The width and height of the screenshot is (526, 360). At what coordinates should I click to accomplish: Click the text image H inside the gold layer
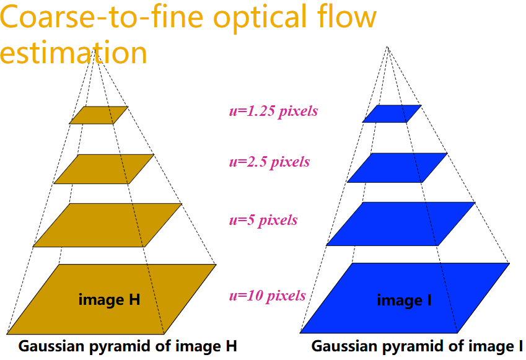109,300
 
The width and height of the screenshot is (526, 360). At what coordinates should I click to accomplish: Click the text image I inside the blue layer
404,301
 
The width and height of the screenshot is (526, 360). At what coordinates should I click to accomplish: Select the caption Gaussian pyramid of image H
128,346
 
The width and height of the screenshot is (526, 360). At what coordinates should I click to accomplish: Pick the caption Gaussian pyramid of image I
417,346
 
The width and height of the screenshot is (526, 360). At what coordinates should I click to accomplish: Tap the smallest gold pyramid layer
99,115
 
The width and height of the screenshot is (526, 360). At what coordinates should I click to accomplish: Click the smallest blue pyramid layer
392,114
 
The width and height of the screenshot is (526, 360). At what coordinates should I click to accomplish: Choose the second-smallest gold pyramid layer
103,169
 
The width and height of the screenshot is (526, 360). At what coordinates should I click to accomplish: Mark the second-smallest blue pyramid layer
397,168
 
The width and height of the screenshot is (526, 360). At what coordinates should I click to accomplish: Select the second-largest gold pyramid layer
107,225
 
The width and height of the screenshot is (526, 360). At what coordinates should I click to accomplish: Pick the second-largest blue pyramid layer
401,224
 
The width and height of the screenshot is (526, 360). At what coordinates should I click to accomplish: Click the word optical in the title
260,17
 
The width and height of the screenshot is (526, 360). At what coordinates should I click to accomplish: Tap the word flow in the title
349,15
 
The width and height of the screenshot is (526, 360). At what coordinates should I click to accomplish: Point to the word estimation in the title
74,52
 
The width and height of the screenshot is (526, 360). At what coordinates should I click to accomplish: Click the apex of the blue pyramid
387,46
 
